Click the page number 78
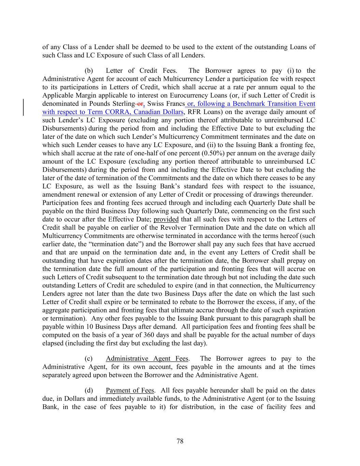tap(180, 441)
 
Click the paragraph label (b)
tap(89, 71)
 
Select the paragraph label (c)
tap(89, 358)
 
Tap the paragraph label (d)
tap(89, 390)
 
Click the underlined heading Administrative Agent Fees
tap(147, 358)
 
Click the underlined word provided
tap(166, 219)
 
